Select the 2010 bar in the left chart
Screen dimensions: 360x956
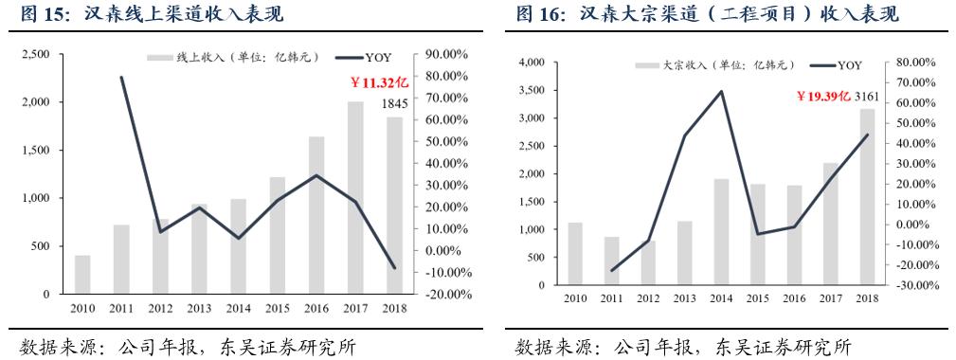(x=82, y=275)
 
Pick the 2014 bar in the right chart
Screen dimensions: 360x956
(x=721, y=232)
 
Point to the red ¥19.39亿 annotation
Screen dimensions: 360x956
(x=821, y=97)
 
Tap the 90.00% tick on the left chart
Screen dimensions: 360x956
(x=444, y=55)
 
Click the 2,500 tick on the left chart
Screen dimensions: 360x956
(x=36, y=55)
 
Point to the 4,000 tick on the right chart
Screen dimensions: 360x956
(x=530, y=63)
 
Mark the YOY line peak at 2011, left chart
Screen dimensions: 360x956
(x=122, y=77)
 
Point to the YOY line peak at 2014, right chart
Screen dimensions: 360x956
(x=721, y=91)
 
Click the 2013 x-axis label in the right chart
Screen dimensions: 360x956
(x=685, y=298)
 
